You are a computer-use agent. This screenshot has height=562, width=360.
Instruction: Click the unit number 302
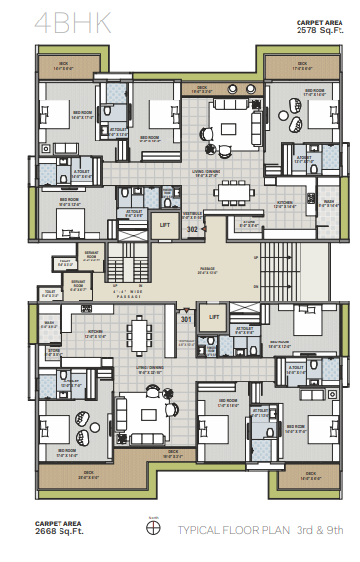coord(193,229)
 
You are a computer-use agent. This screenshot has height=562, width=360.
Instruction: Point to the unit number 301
coord(185,318)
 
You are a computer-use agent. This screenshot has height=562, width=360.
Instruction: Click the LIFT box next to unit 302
coord(166,225)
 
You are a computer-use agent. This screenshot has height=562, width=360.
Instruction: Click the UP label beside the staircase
coord(256,257)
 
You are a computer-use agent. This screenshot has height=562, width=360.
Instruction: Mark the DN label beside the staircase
coord(256,285)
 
